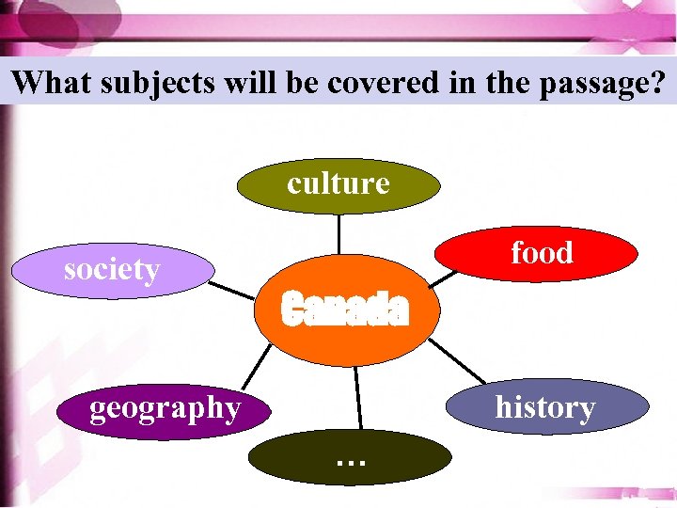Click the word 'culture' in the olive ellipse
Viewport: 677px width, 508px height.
coord(338,183)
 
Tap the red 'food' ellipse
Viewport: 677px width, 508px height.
coord(542,254)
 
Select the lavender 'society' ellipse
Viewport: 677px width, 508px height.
coord(113,271)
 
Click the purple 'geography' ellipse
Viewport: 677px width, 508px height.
coord(165,409)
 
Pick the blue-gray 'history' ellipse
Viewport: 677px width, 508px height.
coord(546,407)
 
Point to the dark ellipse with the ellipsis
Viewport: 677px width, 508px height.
coord(350,458)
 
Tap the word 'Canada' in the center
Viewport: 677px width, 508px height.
coord(345,309)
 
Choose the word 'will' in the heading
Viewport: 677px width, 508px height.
coord(248,83)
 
